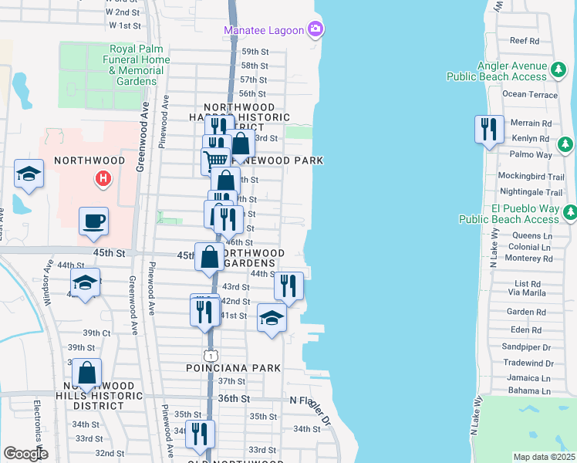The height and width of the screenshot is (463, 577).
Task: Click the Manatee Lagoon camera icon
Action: click(x=315, y=30)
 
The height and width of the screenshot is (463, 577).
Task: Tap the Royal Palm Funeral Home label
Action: click(x=139, y=65)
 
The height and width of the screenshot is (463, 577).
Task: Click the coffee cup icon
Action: click(x=93, y=221)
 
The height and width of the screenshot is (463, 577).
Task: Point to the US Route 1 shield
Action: click(x=211, y=355)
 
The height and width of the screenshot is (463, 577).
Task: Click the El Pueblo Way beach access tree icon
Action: click(x=571, y=211)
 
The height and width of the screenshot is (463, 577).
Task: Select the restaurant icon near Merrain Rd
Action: click(x=489, y=129)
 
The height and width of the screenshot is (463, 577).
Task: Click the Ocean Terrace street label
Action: click(x=529, y=94)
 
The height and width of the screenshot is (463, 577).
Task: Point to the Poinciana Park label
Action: click(x=233, y=368)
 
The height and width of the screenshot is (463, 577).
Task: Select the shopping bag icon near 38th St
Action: click(x=88, y=373)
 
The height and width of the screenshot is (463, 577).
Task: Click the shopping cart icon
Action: click(x=214, y=161)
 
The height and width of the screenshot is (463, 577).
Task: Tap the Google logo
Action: click(x=25, y=454)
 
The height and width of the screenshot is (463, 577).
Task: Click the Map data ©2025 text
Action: click(x=544, y=457)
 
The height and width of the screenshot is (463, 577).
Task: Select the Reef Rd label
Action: click(x=524, y=40)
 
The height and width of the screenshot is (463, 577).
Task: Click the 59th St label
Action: click(x=254, y=51)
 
